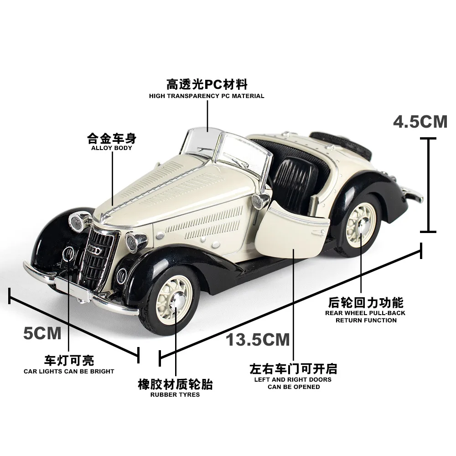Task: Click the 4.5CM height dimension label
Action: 420,122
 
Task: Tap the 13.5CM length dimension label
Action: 258,339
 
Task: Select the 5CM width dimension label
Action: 42,333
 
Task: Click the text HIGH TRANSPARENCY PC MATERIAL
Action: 207,96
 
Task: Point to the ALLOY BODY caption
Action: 112,148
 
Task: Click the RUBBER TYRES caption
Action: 175,394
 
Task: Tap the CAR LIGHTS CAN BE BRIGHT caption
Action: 69,371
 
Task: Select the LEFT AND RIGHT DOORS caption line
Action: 293,379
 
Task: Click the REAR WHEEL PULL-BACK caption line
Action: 365,313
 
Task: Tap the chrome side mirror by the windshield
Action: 264,199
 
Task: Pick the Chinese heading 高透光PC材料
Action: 207,84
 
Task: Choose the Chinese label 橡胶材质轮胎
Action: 175,384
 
